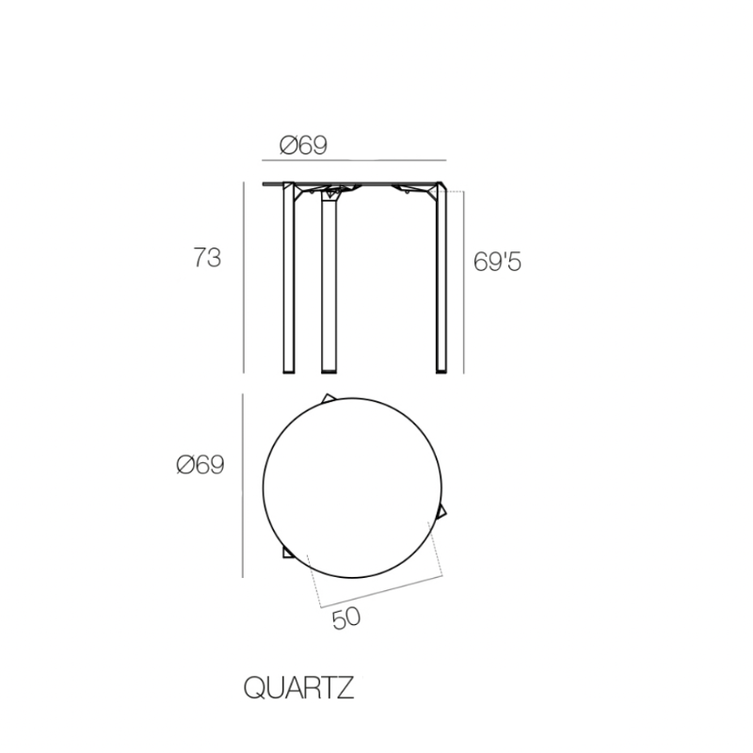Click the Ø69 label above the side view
click(303, 145)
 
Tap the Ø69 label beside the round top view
click(200, 465)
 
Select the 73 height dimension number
click(207, 257)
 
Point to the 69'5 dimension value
click(497, 262)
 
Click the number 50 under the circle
click(346, 618)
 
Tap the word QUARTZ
click(298, 688)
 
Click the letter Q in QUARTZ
click(254, 688)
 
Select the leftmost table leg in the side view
click(289, 282)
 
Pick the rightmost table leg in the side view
click(440, 282)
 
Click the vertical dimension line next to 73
click(244, 278)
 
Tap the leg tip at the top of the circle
click(328, 397)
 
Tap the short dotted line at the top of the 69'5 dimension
click(454, 192)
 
